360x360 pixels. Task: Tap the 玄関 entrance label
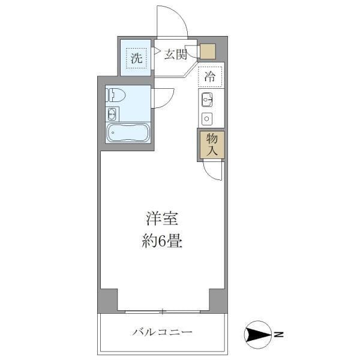[x=175, y=55]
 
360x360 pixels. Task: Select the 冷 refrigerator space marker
[x=209, y=76]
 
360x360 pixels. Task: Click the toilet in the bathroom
[x=116, y=94]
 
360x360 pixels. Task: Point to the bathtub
[x=127, y=133]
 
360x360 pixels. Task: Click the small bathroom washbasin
[x=112, y=114]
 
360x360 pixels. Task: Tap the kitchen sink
[x=208, y=100]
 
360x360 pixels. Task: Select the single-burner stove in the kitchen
[x=208, y=118]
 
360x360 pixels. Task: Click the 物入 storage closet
[x=211, y=145]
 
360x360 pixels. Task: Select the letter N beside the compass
[x=278, y=334]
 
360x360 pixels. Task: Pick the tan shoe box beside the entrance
[x=208, y=52]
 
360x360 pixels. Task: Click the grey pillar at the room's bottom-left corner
[x=108, y=299]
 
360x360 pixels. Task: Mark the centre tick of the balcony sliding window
[x=162, y=311]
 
